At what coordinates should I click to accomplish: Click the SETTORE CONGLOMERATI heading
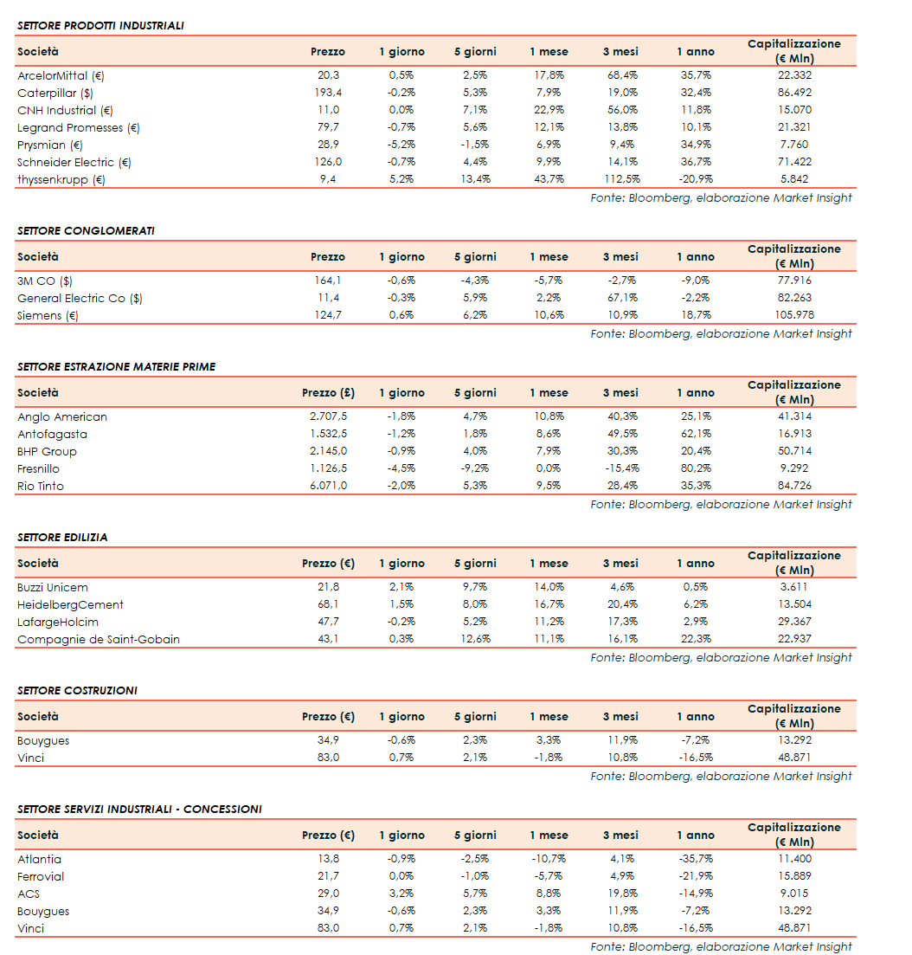[x=86, y=230]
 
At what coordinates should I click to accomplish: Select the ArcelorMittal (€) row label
[x=61, y=75]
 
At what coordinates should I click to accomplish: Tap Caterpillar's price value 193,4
[x=327, y=93]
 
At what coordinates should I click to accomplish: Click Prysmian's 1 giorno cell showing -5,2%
[x=401, y=145]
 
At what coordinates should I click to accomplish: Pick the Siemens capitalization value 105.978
[x=793, y=315]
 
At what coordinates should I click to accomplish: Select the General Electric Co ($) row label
[x=80, y=298]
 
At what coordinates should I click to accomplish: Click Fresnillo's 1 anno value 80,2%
[x=695, y=468]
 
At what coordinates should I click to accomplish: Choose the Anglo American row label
[x=62, y=416]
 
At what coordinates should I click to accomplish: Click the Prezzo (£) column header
[x=327, y=393]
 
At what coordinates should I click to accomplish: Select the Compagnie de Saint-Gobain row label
[x=99, y=639]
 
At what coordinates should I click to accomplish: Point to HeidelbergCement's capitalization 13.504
[x=793, y=604]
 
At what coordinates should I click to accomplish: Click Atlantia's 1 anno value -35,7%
[x=695, y=859]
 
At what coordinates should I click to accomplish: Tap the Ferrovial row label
[x=41, y=876]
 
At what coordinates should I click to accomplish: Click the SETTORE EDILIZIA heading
[x=62, y=537]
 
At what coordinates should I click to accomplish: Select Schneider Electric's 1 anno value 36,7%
[x=695, y=162]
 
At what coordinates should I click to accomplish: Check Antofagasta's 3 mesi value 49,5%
[x=620, y=434]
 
